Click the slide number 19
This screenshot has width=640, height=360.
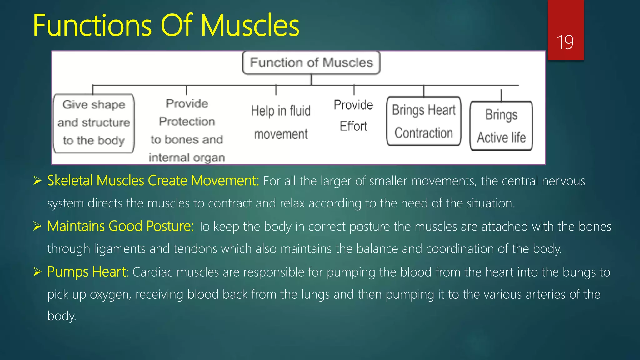(565, 42)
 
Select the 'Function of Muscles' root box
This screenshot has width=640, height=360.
(311, 62)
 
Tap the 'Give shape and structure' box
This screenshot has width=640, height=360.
(94, 123)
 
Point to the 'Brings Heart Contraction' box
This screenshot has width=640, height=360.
(424, 121)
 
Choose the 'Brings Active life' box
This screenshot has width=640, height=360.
(501, 126)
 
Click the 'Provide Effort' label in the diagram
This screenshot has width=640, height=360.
(353, 115)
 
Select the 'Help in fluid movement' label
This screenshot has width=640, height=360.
(281, 122)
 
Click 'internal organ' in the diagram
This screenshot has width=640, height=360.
(187, 157)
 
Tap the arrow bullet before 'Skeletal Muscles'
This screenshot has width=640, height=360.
(37, 181)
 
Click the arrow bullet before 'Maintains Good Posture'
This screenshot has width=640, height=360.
(37, 226)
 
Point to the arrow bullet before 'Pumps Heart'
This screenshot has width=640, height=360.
(37, 272)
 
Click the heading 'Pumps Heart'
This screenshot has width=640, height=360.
(87, 272)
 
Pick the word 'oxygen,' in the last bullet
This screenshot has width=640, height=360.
(110, 295)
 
